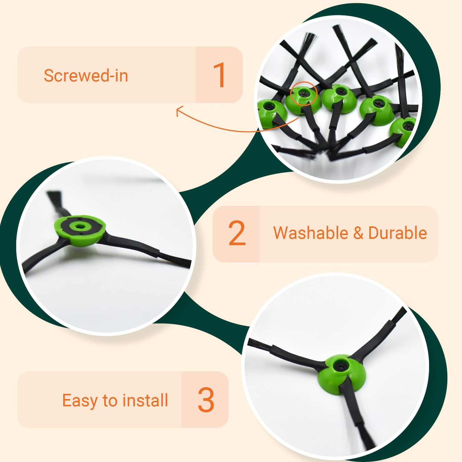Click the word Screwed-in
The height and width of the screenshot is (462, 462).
point(86,75)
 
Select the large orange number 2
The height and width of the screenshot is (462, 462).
point(237,233)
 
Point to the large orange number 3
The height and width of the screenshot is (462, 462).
point(206,399)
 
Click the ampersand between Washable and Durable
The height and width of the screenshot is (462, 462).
point(358,233)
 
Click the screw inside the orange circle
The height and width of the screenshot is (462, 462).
point(303,94)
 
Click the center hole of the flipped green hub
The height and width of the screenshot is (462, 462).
point(79,226)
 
